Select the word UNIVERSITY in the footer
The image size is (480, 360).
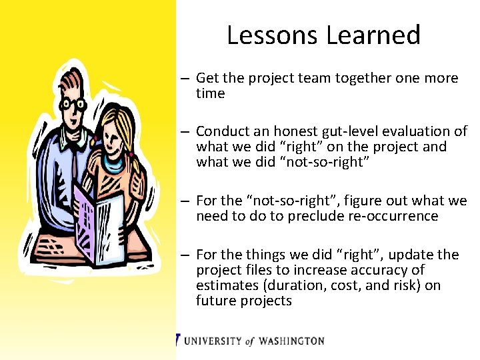tap(213, 341)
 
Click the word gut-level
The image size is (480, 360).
tap(347, 131)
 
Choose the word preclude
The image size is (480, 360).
tap(315, 216)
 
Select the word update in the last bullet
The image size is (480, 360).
tap(411, 255)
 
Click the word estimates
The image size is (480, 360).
tap(225, 285)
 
